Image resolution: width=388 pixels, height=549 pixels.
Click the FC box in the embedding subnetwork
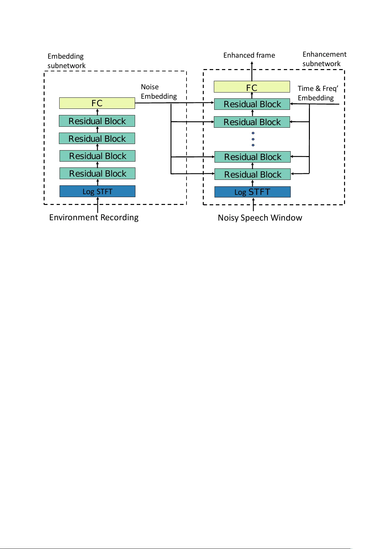pyautogui.click(x=97, y=103)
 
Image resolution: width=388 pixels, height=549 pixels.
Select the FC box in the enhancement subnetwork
pyautogui.click(x=252, y=87)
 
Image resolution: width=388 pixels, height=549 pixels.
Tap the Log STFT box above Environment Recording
pyautogui.click(x=97, y=191)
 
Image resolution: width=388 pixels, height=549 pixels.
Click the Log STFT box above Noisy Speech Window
pyautogui.click(x=252, y=192)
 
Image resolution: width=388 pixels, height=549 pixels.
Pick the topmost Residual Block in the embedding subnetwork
pyautogui.click(x=97, y=121)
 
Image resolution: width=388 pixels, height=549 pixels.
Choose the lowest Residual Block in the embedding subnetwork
pyautogui.click(x=97, y=173)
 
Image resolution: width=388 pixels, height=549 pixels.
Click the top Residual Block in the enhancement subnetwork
pyautogui.click(x=252, y=104)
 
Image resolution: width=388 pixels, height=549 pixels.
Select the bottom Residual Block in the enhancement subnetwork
pyautogui.click(x=252, y=174)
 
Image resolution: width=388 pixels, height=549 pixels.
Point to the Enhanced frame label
pyautogui.click(x=249, y=55)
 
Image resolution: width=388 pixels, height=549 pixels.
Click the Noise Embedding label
pyautogui.click(x=159, y=92)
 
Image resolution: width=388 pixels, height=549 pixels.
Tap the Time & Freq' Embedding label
pyautogui.click(x=317, y=93)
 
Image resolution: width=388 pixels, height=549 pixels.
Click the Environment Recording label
pyautogui.click(x=94, y=217)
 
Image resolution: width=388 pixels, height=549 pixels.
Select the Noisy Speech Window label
pyautogui.click(x=260, y=218)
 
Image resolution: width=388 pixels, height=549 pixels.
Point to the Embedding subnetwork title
pyautogui.click(x=66, y=61)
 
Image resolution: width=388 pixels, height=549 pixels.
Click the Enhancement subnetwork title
pyautogui.click(x=324, y=59)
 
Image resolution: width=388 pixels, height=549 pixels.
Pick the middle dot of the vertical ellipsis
pyautogui.click(x=253, y=139)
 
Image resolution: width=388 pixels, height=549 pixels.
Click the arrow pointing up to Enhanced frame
pyautogui.click(x=252, y=70)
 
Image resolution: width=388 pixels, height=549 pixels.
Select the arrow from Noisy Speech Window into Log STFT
pyautogui.click(x=253, y=205)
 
